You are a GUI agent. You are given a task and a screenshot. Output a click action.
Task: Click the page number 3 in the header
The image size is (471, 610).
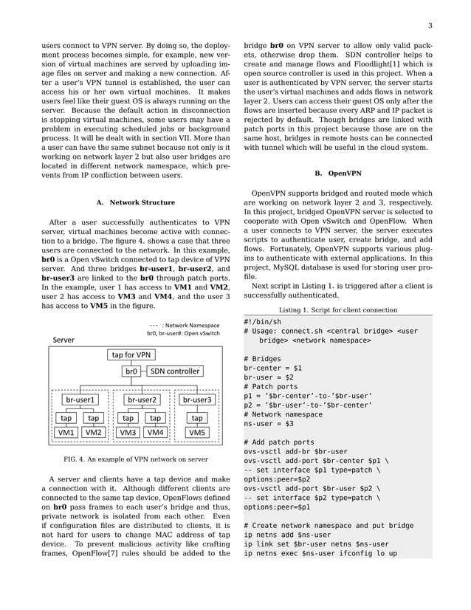429,27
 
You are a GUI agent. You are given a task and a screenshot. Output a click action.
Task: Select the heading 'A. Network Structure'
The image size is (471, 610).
136,202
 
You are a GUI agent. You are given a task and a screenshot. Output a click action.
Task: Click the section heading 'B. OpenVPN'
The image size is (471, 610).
338,174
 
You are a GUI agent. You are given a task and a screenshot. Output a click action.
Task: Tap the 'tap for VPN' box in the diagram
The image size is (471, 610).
131,355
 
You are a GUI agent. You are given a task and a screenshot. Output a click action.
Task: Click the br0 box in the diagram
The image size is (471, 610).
131,371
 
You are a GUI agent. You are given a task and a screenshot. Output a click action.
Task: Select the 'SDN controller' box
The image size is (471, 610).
174,371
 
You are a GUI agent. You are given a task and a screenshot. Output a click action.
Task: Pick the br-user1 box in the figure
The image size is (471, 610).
80,400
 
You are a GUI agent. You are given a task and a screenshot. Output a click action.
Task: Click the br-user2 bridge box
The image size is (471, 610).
141,400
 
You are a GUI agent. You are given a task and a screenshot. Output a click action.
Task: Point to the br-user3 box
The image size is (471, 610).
196,400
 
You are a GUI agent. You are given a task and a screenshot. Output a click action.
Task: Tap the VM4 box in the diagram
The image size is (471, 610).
155,432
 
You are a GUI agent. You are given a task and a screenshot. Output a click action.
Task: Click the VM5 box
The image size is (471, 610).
197,432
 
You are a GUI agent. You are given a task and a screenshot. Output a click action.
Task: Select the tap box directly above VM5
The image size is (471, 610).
197,417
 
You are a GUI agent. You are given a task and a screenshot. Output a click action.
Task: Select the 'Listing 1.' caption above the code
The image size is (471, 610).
338,310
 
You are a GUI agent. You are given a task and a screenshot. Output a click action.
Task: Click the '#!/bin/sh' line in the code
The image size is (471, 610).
262,322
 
